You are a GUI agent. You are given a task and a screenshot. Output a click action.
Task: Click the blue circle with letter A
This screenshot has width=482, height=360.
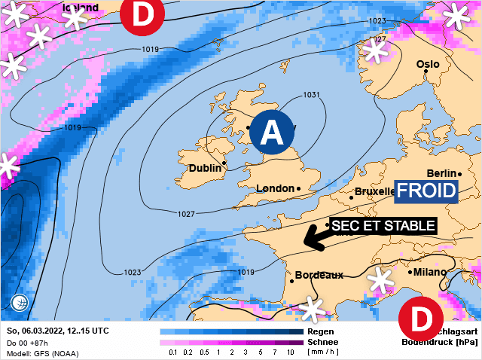coord(271,133)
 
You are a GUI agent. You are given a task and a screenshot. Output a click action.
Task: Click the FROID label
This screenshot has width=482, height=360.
coord(427,191)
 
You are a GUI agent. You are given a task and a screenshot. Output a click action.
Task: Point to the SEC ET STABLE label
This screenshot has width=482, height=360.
coord(383,225)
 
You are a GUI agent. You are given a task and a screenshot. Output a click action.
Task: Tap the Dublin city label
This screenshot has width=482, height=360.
coord(205,168)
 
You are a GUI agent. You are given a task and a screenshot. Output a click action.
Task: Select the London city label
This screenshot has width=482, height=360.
coord(275,188)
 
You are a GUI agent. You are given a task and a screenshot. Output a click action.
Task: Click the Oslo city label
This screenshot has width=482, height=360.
coord(427,64)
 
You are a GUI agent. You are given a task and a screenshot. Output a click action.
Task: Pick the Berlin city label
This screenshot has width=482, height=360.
coord(442,173)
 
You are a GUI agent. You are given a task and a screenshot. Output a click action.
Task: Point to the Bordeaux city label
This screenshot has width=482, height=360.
coord(319,275)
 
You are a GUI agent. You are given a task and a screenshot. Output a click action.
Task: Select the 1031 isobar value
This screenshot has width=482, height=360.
coord(311,95)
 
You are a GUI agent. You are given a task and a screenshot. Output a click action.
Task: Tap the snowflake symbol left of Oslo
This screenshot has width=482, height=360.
coord(374,51)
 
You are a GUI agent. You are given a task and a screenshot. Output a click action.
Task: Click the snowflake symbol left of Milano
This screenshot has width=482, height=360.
coord(381,282)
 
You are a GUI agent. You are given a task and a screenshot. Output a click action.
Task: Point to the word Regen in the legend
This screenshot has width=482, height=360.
coord(320,331)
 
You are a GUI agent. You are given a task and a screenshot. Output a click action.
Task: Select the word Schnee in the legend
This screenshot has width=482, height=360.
coord(323,342)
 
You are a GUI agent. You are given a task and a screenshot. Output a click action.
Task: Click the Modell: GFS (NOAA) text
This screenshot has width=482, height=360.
coord(43,353)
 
